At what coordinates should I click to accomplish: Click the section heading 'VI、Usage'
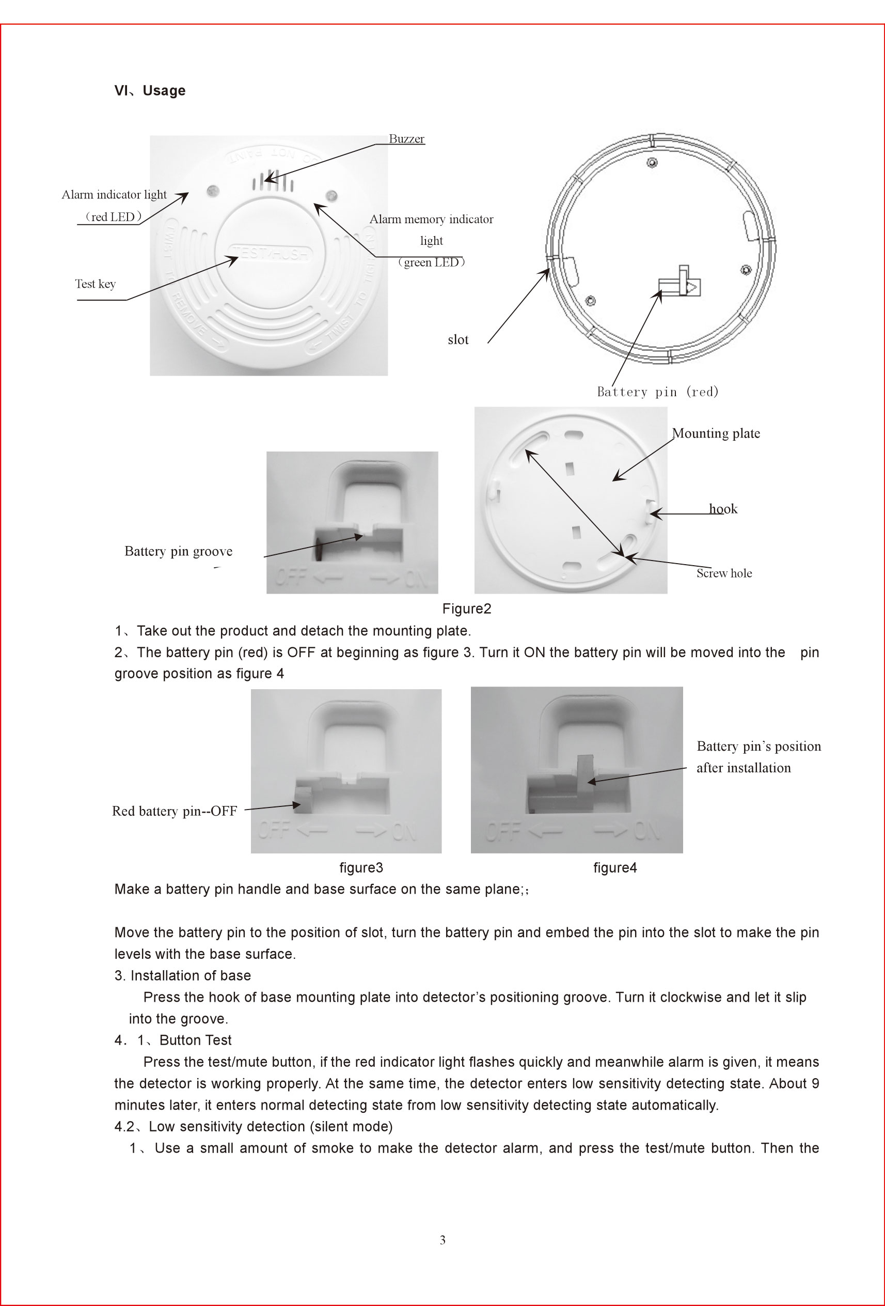coord(149,90)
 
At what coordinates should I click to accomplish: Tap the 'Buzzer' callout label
coord(406,139)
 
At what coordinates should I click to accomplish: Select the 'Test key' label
coord(96,284)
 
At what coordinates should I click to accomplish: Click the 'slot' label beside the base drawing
coord(457,339)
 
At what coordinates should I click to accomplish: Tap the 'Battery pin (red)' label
coord(658,392)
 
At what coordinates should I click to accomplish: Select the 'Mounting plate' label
coord(716,433)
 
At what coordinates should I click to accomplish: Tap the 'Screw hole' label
coord(724,573)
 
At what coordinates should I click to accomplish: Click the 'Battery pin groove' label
coord(178,551)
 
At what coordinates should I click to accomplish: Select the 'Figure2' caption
coord(467,609)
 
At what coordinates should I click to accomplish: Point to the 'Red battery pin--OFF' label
coord(175,811)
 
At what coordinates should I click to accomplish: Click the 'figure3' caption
coord(361,868)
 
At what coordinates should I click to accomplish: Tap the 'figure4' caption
coord(615,868)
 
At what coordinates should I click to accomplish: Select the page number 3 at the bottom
coord(442,1240)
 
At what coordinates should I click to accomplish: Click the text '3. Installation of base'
coord(182,975)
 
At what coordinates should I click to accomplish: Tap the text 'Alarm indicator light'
coord(114,194)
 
